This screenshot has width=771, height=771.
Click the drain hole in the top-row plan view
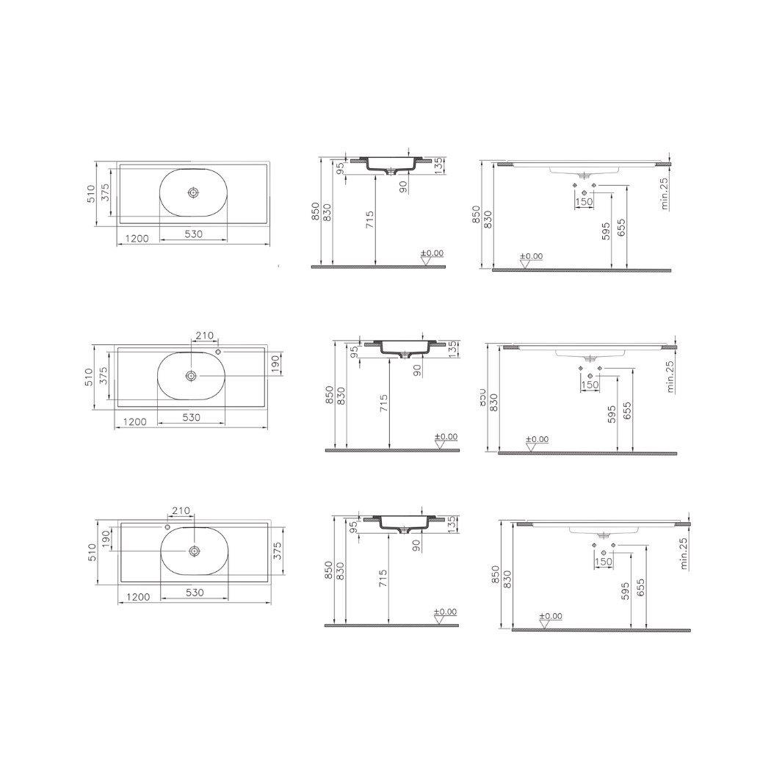192,192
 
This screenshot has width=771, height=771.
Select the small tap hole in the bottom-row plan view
167,526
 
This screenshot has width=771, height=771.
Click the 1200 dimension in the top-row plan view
137,239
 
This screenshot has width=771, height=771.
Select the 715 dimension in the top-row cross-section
369,222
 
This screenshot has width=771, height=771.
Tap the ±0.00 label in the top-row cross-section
432,253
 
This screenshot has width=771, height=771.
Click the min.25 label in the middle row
670,376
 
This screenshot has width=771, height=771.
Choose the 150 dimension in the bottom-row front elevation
603,562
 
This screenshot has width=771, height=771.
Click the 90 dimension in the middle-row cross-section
418,369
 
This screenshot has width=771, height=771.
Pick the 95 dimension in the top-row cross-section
340,168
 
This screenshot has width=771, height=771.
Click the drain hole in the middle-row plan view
191,375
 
